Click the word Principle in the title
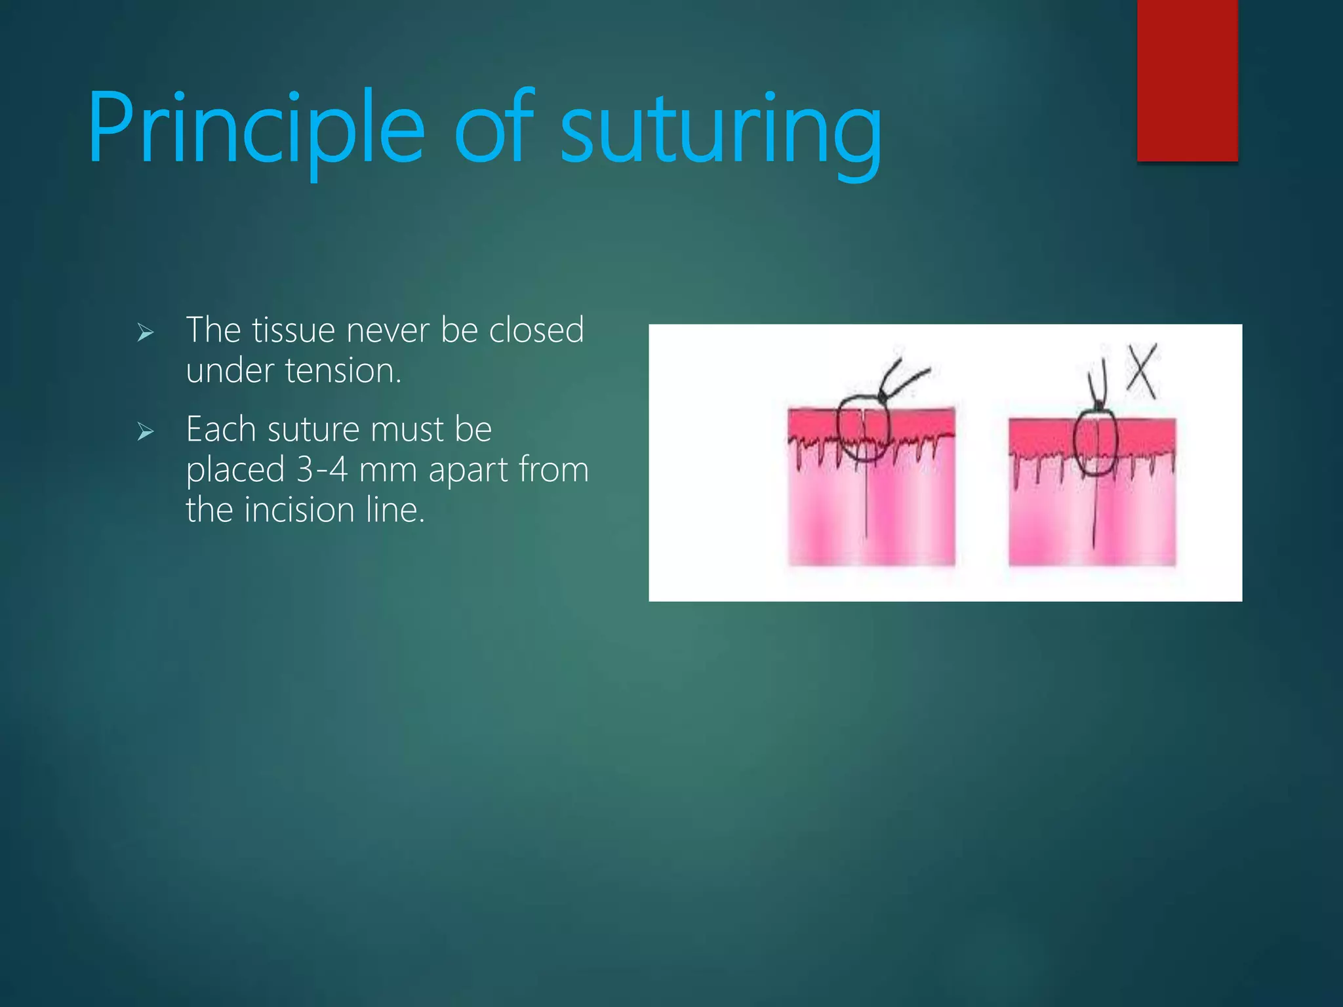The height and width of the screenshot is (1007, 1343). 256,128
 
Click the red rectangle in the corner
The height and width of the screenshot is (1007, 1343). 1187,79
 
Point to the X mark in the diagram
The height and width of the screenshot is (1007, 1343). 1142,371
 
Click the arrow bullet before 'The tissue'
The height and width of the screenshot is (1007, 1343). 145,333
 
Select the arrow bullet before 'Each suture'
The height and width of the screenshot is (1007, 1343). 145,431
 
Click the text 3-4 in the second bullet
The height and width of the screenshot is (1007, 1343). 321,469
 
